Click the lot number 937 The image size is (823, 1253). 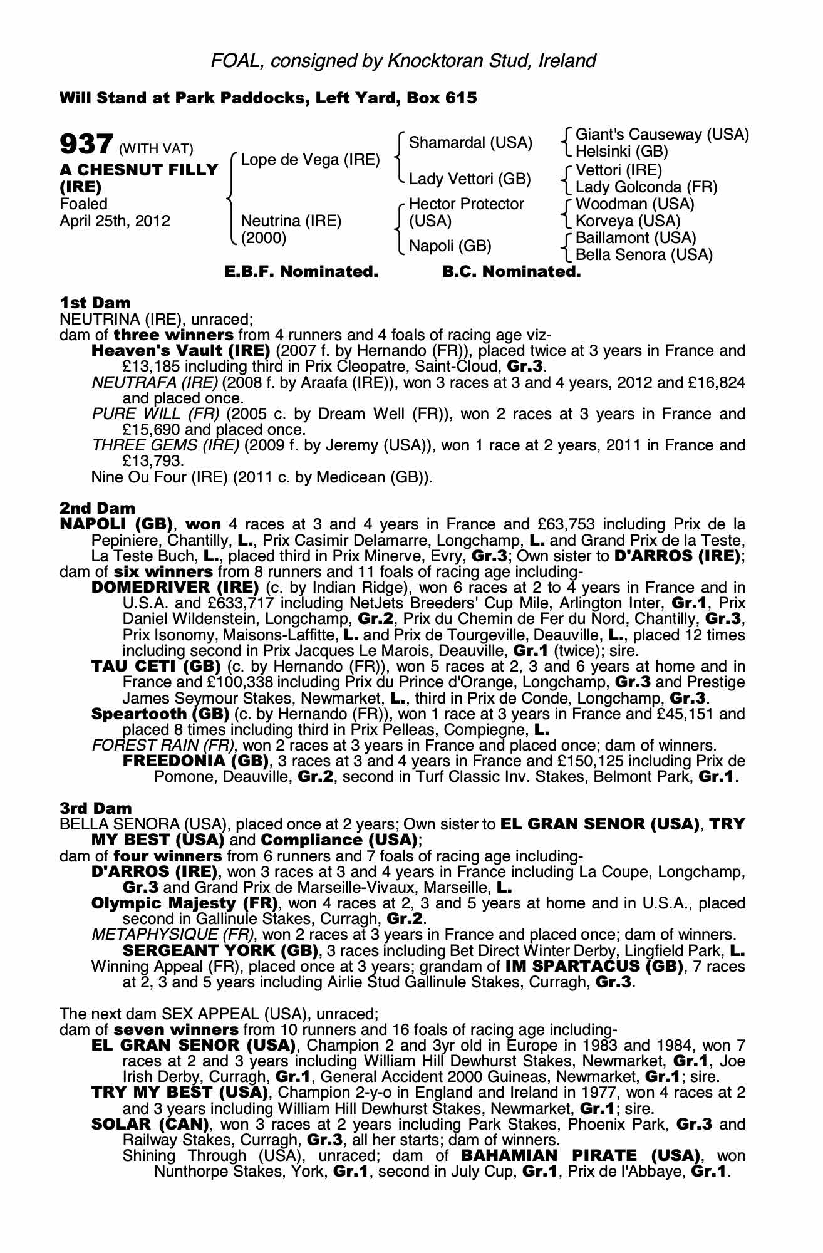click(x=86, y=145)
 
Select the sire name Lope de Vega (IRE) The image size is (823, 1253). click(x=310, y=159)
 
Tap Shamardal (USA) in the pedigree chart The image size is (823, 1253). click(x=470, y=143)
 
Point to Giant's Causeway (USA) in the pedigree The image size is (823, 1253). click(x=662, y=135)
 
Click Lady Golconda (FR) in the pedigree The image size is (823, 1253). click(x=646, y=187)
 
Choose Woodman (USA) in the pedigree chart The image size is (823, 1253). click(x=634, y=204)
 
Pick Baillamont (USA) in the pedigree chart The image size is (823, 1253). click(x=636, y=238)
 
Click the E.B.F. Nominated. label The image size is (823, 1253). click(x=301, y=272)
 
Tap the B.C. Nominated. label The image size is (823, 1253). click(x=511, y=272)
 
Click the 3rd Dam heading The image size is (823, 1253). click(x=96, y=808)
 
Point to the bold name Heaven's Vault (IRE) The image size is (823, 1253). click(x=180, y=351)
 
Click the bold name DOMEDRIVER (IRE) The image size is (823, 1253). click(x=175, y=588)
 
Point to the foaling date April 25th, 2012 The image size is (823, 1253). click(x=115, y=221)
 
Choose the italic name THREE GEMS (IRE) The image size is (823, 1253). click(x=165, y=445)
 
